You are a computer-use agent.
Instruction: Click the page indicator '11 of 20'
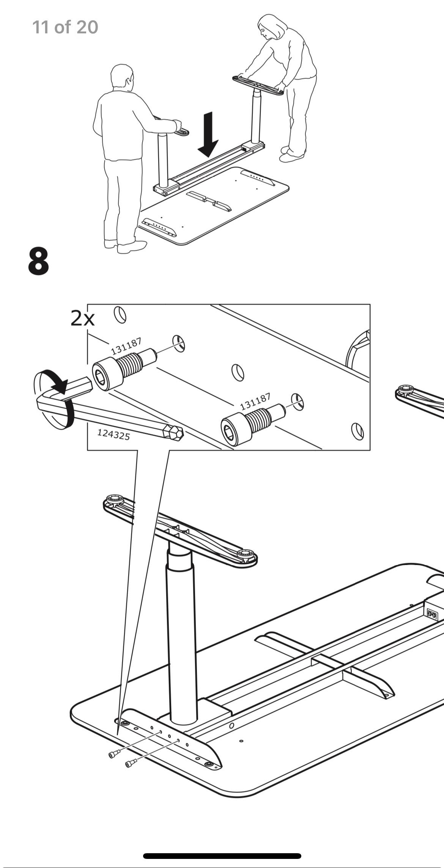click(65, 27)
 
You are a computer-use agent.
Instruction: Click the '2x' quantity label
click(82, 319)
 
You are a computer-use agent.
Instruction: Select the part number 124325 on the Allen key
click(113, 434)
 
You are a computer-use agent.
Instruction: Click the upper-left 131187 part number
click(126, 346)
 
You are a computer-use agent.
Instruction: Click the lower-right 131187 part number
click(255, 401)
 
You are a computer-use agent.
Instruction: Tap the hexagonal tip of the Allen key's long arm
click(176, 433)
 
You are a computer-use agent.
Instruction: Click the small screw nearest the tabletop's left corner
click(113, 756)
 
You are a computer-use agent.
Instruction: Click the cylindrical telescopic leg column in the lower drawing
click(182, 645)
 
